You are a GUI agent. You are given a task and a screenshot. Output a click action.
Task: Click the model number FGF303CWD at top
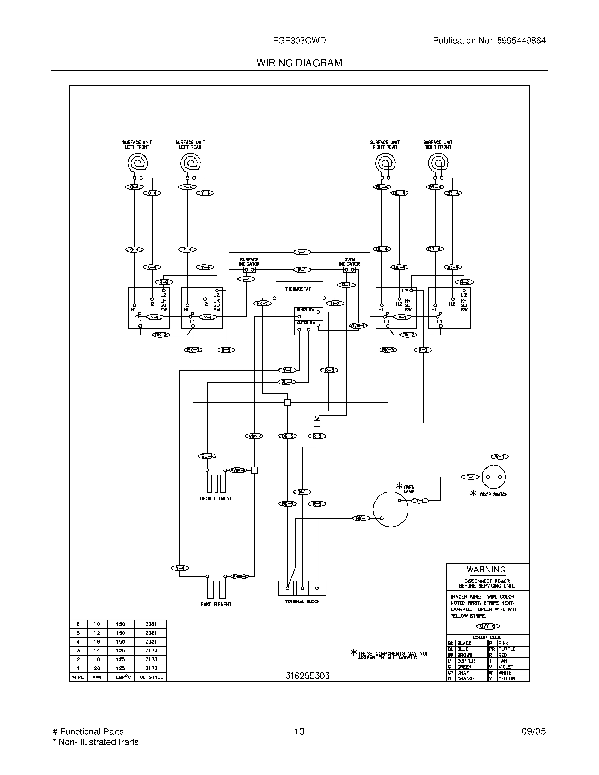[299, 41]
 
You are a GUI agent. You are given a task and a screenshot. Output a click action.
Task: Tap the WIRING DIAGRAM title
[299, 63]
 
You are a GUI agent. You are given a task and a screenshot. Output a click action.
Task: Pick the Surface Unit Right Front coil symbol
[438, 163]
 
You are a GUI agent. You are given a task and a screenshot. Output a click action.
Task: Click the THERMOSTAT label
[298, 289]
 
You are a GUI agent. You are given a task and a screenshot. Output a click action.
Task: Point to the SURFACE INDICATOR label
[249, 262]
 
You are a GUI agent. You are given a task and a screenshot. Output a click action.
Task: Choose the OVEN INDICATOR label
[349, 262]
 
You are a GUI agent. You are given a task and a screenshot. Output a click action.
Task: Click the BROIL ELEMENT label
[216, 498]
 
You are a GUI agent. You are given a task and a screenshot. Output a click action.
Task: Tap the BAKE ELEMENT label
[216, 604]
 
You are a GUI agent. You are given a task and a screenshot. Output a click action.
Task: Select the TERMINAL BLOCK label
[302, 601]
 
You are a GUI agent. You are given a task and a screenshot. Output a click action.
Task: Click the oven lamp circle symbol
[390, 509]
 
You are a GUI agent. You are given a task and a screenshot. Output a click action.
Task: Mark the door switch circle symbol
[493, 477]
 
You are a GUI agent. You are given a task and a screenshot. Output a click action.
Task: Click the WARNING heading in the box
[486, 570]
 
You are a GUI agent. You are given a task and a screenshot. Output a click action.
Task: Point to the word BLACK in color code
[464, 643]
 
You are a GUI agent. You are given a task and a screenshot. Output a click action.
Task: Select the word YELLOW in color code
[506, 678]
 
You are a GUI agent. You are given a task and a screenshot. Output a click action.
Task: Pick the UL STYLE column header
[151, 677]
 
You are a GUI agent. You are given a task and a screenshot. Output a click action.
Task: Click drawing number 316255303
[307, 676]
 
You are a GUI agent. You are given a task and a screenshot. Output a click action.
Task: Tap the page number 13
[299, 731]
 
